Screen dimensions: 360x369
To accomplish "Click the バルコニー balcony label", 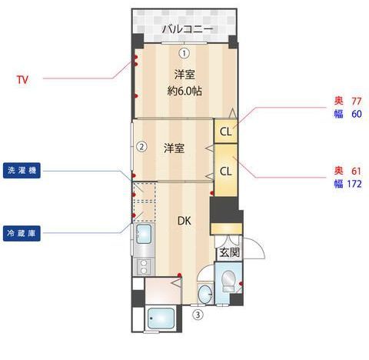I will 185,29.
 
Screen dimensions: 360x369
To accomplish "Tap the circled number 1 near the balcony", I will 184,53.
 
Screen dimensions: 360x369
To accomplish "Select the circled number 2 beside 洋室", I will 141,147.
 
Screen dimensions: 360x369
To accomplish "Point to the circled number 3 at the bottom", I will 198,314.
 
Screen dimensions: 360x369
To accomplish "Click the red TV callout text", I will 23,79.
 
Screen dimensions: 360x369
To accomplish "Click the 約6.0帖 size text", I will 184,91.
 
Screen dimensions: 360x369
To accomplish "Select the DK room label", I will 184,222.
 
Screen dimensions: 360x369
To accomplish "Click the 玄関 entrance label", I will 228,252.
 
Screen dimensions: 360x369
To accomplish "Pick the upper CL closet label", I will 225,131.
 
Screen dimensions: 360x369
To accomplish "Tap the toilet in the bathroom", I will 228,282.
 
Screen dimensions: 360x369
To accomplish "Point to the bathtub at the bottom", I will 162,318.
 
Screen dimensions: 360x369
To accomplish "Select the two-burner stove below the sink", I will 143,267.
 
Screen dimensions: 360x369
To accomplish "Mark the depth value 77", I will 356,102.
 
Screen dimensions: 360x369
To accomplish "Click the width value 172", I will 354,184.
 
